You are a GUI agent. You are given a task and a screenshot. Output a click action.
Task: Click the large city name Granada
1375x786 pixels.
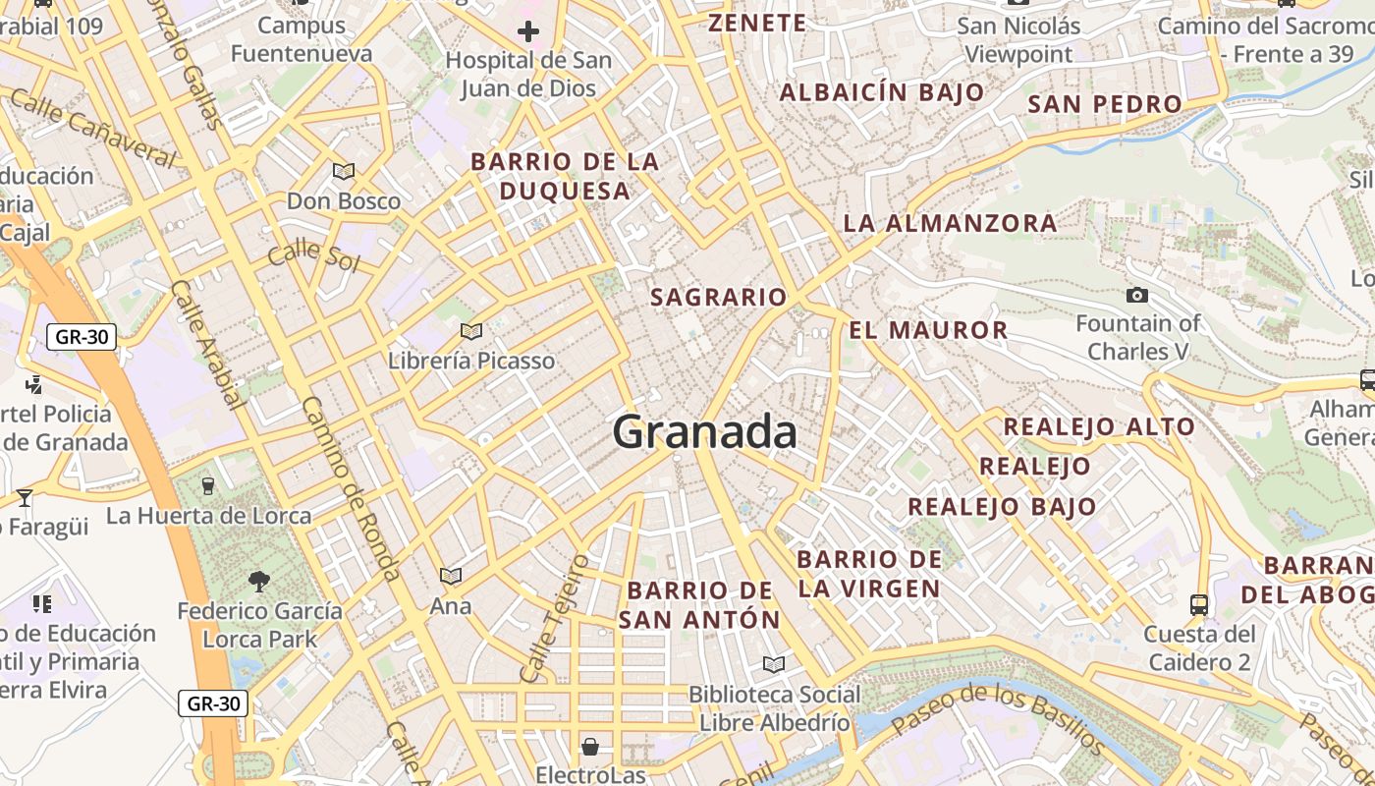pos(704,432)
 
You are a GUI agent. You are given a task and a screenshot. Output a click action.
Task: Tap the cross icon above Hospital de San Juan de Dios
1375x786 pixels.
pos(528,31)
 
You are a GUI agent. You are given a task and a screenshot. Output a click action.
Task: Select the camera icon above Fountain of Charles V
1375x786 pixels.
pos(1136,295)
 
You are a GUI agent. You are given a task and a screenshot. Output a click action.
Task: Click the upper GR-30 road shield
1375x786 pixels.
pos(82,337)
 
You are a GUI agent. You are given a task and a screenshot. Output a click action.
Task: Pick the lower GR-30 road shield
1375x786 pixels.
pos(213,703)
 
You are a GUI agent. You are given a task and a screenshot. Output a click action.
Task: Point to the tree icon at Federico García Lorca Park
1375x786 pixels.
pos(259,582)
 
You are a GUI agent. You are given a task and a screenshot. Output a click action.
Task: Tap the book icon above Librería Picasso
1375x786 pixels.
pos(471,331)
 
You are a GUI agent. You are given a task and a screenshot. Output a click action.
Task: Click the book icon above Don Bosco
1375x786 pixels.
pos(344,172)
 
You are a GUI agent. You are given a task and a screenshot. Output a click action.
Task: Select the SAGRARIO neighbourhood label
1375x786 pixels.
pos(719,297)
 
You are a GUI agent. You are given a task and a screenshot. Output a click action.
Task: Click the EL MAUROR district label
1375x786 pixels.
pos(928,330)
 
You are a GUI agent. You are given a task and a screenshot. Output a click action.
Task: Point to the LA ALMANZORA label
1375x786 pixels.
pos(950,223)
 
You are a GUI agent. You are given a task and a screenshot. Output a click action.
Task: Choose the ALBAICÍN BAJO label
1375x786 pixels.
pos(882,92)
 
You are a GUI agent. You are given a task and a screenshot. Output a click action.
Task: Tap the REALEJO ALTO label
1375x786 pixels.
pos(1098,426)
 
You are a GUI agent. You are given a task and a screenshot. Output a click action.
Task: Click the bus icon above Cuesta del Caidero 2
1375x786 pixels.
pos(1198,604)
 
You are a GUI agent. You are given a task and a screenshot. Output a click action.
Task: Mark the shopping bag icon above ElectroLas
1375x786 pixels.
pos(590,747)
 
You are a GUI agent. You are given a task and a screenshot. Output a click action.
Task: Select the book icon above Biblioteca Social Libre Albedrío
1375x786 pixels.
pos(774,665)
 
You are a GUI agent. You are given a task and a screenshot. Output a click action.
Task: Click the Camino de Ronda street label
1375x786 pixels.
pos(351,488)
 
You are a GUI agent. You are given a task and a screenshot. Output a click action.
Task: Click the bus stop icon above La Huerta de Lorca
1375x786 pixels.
pos(208,485)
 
